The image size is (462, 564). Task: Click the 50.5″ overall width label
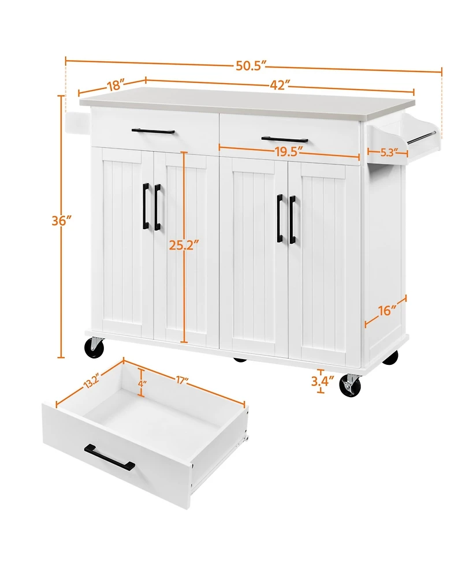(x=251, y=66)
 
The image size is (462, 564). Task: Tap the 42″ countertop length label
(x=280, y=85)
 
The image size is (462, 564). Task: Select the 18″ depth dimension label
(x=115, y=85)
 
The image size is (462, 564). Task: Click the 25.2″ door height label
(x=184, y=245)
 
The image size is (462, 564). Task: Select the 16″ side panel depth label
(x=387, y=311)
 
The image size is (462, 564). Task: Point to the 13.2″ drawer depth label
(x=91, y=381)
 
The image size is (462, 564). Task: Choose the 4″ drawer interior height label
(x=141, y=383)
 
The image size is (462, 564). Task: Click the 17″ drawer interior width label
(x=182, y=380)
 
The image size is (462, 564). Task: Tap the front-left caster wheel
(x=94, y=347)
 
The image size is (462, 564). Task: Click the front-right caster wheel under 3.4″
(x=350, y=386)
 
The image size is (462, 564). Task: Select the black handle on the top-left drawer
(x=153, y=131)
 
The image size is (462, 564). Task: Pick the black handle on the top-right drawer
(x=284, y=139)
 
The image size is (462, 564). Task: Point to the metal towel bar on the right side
(x=422, y=138)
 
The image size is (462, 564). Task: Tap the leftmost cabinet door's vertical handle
(x=146, y=206)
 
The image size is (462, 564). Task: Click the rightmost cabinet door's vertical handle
(x=292, y=219)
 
